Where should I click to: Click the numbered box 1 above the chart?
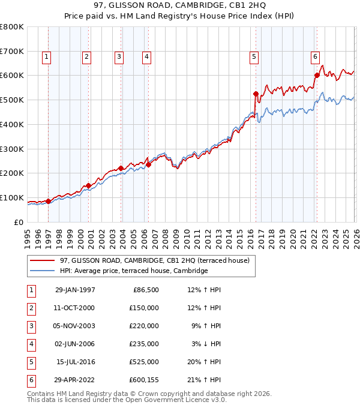coord(47,57)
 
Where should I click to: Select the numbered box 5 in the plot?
coord(254,57)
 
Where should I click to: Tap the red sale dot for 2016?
coord(256,94)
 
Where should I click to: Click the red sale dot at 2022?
coord(317,75)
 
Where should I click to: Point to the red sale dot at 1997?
coord(49,201)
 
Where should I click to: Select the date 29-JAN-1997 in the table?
coord(75,290)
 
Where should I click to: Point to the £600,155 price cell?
coord(142,380)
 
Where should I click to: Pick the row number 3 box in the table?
coord(30,326)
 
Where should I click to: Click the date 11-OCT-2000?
coord(75,308)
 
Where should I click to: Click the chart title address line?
coord(179,7)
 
